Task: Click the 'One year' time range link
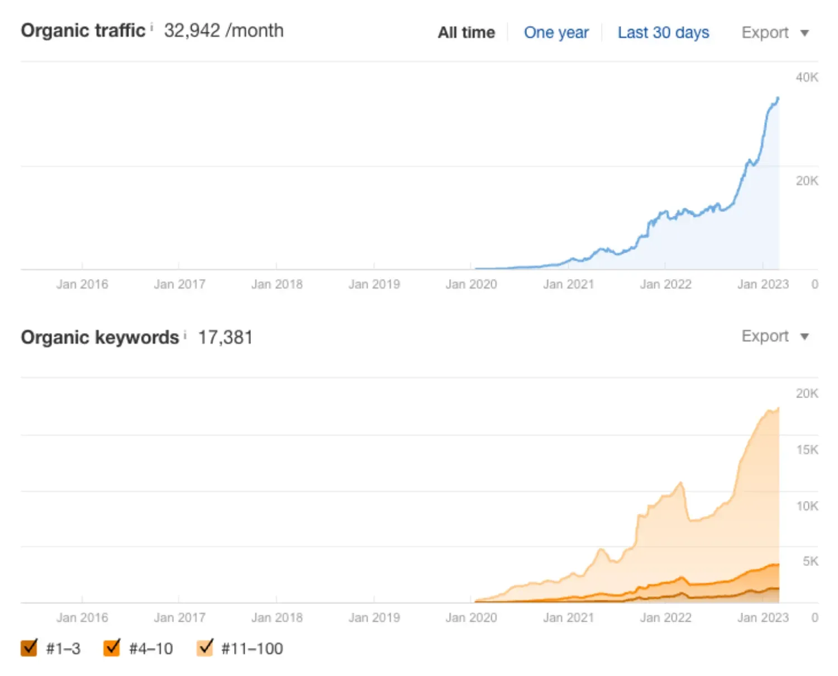point(556,32)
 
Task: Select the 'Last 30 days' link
point(663,32)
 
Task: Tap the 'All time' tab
point(466,32)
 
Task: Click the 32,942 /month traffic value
point(223,30)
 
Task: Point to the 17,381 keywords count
point(225,337)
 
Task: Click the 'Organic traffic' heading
point(83,30)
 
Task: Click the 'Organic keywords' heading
point(99,337)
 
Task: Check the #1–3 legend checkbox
point(29,647)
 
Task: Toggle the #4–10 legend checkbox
point(112,647)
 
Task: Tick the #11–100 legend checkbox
point(205,647)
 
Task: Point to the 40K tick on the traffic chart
point(807,77)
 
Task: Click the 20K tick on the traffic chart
point(807,181)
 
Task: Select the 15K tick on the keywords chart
point(807,450)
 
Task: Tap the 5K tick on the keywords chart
point(810,561)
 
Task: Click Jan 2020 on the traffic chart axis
point(471,284)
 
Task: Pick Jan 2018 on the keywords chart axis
point(277,617)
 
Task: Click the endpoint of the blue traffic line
point(778,98)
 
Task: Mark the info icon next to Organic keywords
point(185,334)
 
